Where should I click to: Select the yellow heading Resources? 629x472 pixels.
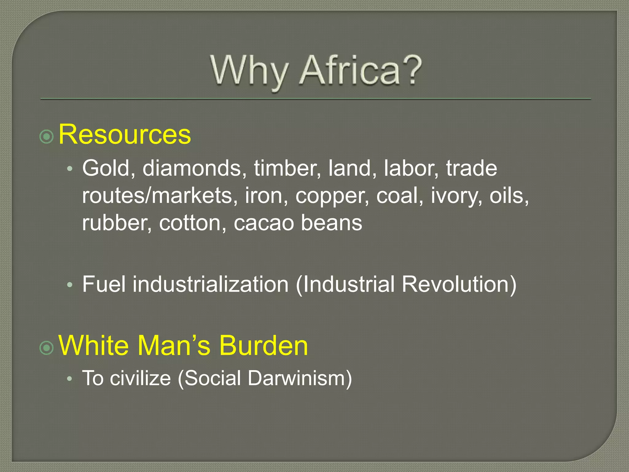pos(125,134)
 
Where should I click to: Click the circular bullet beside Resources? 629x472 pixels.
pos(47,136)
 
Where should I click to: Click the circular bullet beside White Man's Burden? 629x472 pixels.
pos(47,348)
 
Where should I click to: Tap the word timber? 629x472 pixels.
pos(287,168)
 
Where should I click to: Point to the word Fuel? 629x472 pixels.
pos(104,284)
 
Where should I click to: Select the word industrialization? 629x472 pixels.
pos(211,284)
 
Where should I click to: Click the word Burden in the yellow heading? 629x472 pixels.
pos(263,345)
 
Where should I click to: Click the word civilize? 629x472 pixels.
pos(140,378)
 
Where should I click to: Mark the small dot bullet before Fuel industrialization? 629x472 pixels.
pos(70,285)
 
